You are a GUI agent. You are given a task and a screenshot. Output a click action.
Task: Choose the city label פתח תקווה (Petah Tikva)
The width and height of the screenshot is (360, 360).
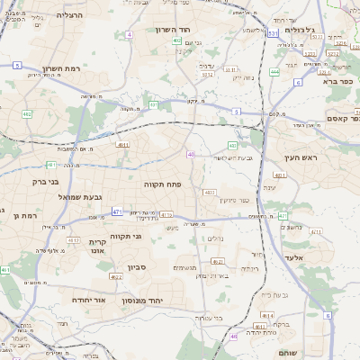[x=163, y=184]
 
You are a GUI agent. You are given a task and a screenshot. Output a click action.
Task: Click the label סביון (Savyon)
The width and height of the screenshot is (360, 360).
[x=136, y=267]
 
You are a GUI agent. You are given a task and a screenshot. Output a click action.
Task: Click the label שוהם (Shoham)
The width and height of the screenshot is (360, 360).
[x=287, y=352]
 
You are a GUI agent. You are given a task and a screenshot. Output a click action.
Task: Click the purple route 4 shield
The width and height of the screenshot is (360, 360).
[x=130, y=34]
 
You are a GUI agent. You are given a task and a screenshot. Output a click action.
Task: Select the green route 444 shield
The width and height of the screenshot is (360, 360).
[x=274, y=71]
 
